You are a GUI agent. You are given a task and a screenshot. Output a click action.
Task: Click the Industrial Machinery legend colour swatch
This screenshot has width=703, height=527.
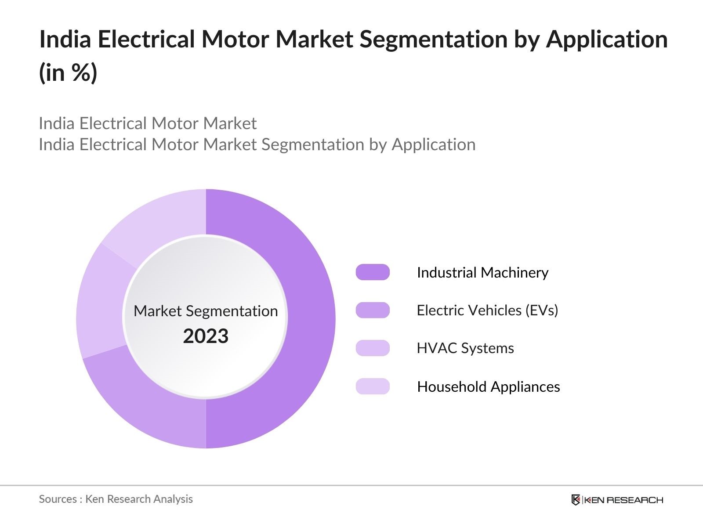[373, 272]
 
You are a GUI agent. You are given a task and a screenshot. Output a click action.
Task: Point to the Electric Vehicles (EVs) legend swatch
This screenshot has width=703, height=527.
[373, 310]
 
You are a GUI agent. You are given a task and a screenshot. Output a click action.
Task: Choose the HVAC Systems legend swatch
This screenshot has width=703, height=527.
[373, 348]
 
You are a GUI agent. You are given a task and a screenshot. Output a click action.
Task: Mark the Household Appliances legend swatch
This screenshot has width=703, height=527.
[373, 386]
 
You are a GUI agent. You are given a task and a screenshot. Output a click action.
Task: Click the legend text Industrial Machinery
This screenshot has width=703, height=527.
[482, 273]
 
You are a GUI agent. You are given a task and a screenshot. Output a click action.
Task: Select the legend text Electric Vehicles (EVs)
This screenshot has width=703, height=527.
[487, 310]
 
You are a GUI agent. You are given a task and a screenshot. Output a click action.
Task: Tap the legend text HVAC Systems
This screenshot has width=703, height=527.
[465, 348]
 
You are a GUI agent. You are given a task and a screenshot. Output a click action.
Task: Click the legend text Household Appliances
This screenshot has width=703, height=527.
[489, 387]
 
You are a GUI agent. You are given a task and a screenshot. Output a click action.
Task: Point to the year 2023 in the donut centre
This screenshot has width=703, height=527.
[206, 336]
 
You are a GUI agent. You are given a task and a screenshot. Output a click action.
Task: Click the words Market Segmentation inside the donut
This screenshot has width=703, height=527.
[206, 311]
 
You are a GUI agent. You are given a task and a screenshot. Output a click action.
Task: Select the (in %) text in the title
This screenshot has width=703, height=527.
[68, 73]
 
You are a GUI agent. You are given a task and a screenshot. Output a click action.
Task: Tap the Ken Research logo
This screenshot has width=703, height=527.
[617, 500]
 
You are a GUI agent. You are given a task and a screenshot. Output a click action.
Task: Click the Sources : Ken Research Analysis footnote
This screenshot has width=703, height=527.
[116, 499]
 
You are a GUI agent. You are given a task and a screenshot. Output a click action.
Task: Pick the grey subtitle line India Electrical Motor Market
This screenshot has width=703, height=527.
[148, 123]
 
